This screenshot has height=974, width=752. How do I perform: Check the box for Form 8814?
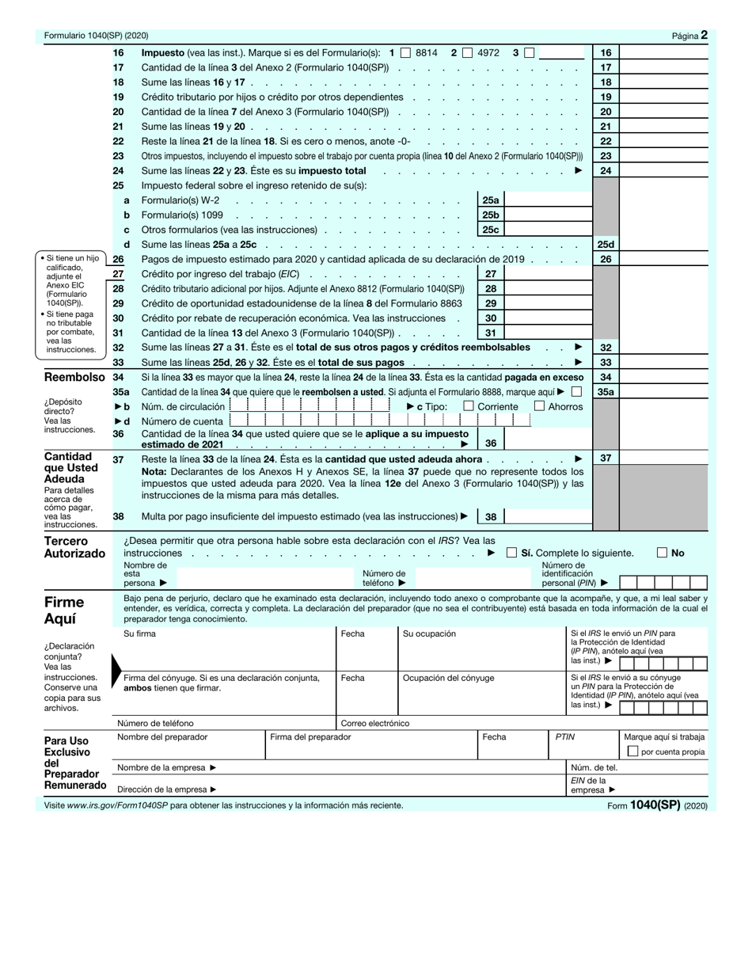(x=405, y=53)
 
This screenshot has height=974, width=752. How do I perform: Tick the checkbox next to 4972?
(x=468, y=53)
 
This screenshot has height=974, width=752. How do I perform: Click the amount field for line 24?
(x=663, y=171)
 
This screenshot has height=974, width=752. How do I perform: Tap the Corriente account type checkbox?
(x=469, y=406)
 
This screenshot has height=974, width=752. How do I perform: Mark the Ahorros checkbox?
(x=539, y=406)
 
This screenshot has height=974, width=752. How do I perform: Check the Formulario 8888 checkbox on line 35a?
(x=576, y=391)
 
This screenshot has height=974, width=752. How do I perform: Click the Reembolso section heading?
(x=74, y=378)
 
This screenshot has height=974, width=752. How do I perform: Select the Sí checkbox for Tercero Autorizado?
(x=511, y=553)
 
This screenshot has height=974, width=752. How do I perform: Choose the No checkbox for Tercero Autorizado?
(x=662, y=553)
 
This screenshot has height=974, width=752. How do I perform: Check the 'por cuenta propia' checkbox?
(x=632, y=751)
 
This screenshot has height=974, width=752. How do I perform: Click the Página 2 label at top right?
(x=689, y=36)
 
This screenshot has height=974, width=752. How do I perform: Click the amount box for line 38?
(x=546, y=517)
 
